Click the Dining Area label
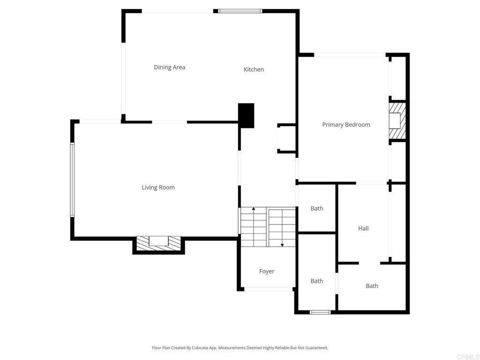point(169,67)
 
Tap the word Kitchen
point(254,69)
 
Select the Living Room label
point(158,187)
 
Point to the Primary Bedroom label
point(346,125)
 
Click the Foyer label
point(267,271)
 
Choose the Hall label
point(363,228)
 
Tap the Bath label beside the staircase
point(316,209)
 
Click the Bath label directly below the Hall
point(372,286)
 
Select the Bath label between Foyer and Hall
point(316,281)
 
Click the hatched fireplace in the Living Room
point(158,243)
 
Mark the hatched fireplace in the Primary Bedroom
point(397,120)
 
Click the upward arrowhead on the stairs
point(254,209)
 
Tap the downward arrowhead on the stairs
point(282,245)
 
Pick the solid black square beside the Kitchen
point(246,115)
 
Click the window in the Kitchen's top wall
point(240,11)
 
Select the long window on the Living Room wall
point(72,180)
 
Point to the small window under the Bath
point(320,312)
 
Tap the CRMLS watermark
point(467,357)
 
